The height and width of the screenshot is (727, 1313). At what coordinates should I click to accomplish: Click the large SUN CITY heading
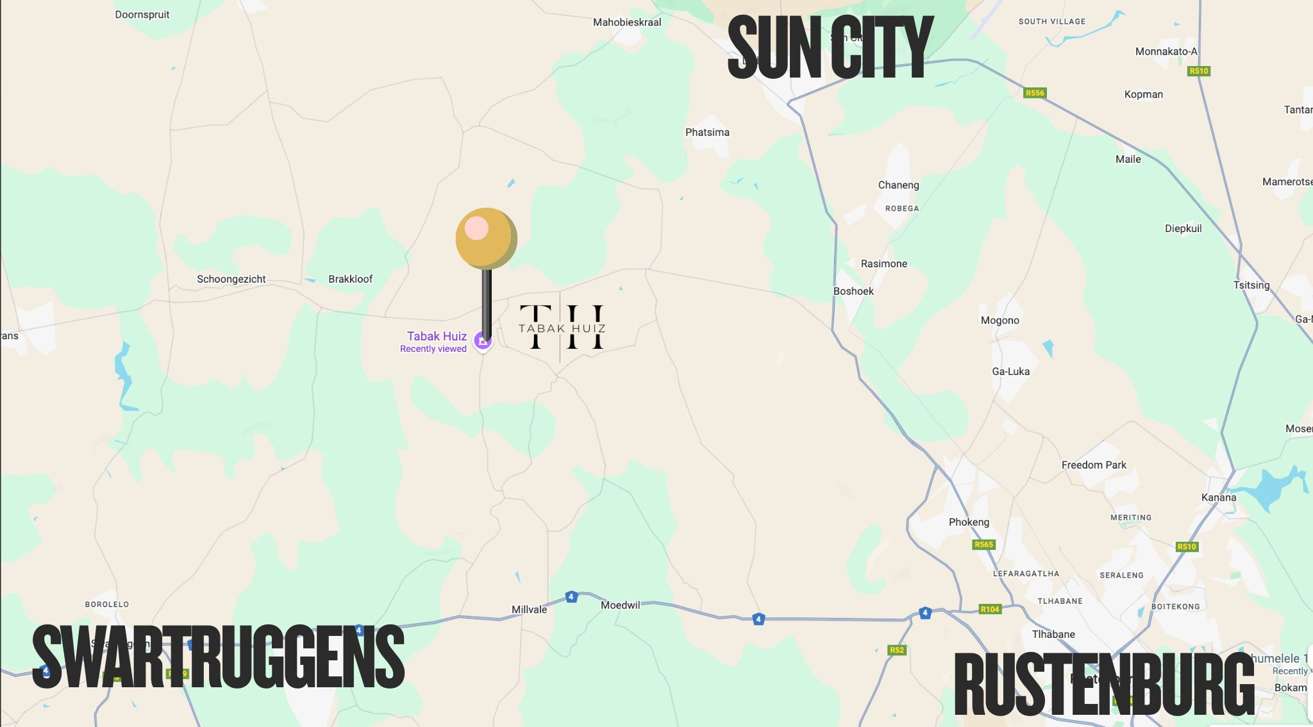[x=830, y=48]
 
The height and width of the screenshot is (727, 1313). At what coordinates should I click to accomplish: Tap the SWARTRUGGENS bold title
[x=218, y=657]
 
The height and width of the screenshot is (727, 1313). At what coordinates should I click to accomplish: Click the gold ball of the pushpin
[x=486, y=238]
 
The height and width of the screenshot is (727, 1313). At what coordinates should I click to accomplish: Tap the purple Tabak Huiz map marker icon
[x=482, y=340]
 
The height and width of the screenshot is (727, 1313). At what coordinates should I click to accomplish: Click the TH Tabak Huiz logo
[x=562, y=328]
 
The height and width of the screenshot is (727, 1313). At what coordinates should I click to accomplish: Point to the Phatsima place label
[x=707, y=132]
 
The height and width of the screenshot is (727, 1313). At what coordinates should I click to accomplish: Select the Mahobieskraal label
[x=626, y=22]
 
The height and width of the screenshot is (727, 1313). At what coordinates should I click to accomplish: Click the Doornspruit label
[x=142, y=15]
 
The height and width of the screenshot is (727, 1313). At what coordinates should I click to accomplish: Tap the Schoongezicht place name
[x=231, y=279]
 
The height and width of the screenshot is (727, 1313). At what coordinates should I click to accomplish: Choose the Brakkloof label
[x=350, y=279]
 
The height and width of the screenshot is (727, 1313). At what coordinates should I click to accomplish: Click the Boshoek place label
[x=853, y=291]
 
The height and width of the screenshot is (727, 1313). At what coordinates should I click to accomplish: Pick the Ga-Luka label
[x=1010, y=371]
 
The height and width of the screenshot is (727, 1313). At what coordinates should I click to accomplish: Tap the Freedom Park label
[x=1093, y=465]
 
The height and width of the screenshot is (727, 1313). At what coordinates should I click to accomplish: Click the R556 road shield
[x=1035, y=93]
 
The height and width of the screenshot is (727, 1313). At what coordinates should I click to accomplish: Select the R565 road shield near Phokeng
[x=983, y=545]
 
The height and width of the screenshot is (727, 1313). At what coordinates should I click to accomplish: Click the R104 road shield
[x=990, y=609]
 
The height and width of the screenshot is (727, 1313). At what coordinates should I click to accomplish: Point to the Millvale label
[x=529, y=610]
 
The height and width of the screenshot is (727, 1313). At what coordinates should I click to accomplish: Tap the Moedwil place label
[x=620, y=605]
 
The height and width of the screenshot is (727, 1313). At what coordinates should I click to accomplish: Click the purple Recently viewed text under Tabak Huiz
[x=433, y=349]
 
